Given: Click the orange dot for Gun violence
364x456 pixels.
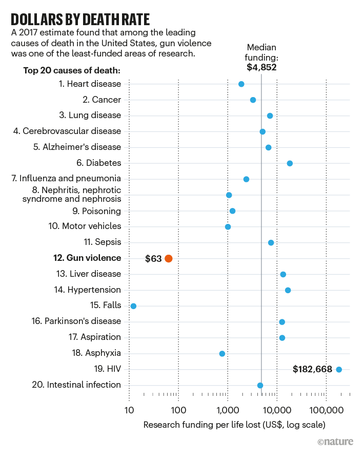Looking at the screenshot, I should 169,259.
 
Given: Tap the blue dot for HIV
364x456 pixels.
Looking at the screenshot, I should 338,369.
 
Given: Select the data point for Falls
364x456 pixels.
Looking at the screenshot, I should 133,306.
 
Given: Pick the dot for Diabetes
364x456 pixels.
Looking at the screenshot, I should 290,163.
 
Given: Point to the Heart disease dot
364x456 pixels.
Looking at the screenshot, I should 241,84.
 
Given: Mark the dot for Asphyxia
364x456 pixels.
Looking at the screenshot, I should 222,354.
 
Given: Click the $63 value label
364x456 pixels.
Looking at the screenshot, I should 153,259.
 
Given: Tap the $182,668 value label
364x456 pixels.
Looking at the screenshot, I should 312,369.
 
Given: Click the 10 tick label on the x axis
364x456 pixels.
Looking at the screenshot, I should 129,410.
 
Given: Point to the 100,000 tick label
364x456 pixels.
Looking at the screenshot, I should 326,410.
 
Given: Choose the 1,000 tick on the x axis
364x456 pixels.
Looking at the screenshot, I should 227,410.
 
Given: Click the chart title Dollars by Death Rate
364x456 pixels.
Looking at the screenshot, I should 80,20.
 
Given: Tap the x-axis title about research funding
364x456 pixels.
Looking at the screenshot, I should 234,425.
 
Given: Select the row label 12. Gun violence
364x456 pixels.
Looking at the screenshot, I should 87,258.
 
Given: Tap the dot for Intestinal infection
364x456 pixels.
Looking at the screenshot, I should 260,386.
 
